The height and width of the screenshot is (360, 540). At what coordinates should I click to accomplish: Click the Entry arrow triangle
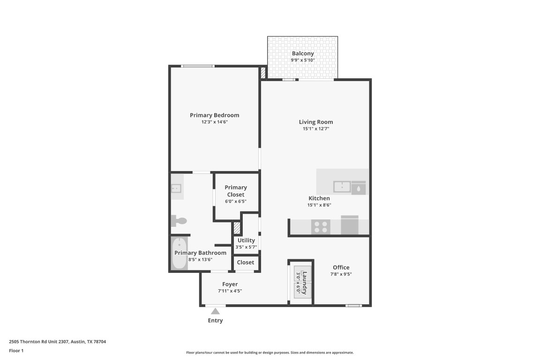(x=215, y=311)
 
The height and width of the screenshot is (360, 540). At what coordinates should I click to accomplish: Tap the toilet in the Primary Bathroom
(x=180, y=221)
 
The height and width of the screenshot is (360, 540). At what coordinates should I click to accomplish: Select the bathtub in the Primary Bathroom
(x=179, y=254)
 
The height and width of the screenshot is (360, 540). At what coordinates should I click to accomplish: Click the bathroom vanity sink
(x=176, y=188)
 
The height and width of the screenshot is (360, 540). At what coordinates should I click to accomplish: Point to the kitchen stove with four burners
(x=321, y=227)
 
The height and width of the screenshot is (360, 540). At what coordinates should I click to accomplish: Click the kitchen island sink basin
(x=342, y=187)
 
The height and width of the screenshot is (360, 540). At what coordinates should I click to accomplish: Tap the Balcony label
(x=303, y=53)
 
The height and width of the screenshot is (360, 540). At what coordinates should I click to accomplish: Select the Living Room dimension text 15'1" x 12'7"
(x=316, y=128)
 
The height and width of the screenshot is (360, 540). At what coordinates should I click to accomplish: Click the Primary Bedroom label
(x=214, y=115)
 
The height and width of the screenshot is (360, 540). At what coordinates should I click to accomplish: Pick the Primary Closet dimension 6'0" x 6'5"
(x=235, y=201)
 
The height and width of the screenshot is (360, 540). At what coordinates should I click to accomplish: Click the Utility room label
(x=246, y=240)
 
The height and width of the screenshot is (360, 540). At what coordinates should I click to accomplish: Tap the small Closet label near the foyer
(x=245, y=262)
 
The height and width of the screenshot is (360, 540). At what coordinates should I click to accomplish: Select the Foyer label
(x=230, y=284)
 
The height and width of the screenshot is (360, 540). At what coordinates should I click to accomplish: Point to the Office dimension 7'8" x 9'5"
(x=341, y=274)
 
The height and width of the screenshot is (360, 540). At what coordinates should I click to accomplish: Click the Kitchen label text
(x=319, y=198)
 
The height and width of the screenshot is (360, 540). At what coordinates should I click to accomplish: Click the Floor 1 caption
(x=16, y=351)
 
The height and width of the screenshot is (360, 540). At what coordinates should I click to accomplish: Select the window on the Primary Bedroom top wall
(x=198, y=66)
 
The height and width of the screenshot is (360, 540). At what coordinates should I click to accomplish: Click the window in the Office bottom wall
(x=353, y=306)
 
